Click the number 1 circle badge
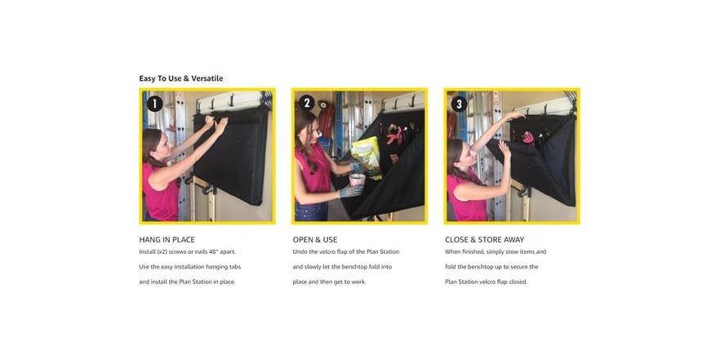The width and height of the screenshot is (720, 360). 154,104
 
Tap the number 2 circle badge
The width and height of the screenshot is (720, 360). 307,103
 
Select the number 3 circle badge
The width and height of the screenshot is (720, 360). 459,104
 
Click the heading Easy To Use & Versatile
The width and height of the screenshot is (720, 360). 181,78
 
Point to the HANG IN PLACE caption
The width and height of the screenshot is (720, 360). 167,240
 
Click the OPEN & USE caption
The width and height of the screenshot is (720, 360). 315,240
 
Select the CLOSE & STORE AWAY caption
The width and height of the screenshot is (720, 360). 484,240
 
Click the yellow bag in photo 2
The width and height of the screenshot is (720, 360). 367,156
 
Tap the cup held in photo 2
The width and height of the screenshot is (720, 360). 357,180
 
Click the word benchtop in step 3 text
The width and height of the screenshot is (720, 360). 487,266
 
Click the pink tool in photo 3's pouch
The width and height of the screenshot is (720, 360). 528,137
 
